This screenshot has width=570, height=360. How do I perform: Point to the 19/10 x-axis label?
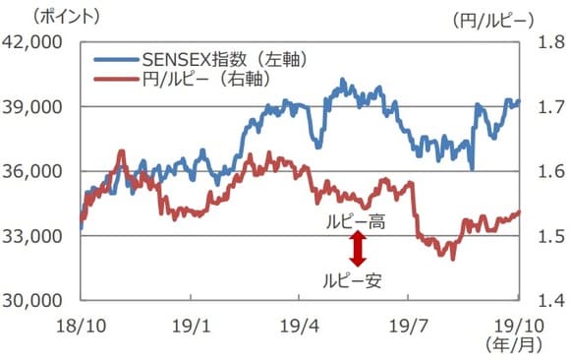[514, 325]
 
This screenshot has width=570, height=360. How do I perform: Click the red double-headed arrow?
[358, 250]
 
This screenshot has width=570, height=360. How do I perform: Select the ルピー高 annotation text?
[356, 223]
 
